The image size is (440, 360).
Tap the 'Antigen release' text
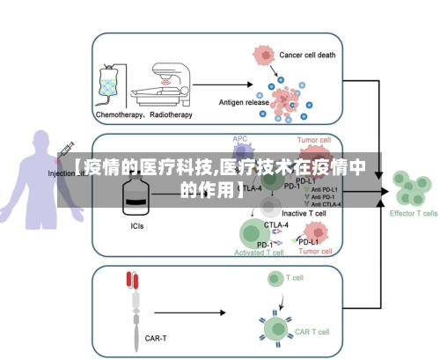click(244, 102)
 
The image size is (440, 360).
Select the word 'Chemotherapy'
click(121, 114)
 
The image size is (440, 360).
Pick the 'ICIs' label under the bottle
click(137, 226)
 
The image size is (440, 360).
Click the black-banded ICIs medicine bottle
click(137, 198)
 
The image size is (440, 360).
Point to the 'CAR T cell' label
click(312, 332)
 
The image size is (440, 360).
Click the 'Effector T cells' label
click(414, 213)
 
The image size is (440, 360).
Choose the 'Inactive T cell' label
click(304, 213)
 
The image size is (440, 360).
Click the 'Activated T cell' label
click(259, 252)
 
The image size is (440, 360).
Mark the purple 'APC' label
click(240, 139)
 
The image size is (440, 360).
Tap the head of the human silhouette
click(40, 143)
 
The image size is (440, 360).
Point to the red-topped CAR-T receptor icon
click(134, 280)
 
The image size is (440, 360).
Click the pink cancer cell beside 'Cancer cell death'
click(263, 55)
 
